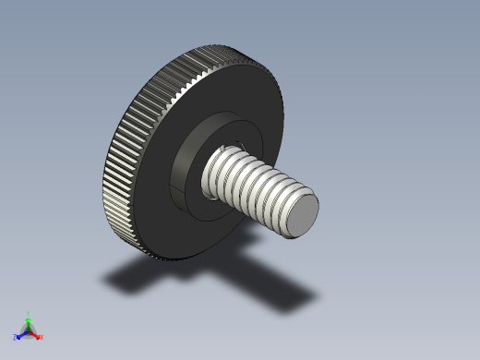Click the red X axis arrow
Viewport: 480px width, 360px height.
point(36,335)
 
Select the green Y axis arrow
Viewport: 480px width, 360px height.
point(29,321)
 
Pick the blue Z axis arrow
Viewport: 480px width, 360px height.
point(21,334)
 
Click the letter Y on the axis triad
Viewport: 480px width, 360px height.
point(29,314)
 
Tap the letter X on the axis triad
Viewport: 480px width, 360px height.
point(42,338)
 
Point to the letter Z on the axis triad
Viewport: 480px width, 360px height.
point(16,338)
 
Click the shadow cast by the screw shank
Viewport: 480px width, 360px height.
point(286,292)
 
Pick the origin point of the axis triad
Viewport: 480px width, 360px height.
point(29,330)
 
